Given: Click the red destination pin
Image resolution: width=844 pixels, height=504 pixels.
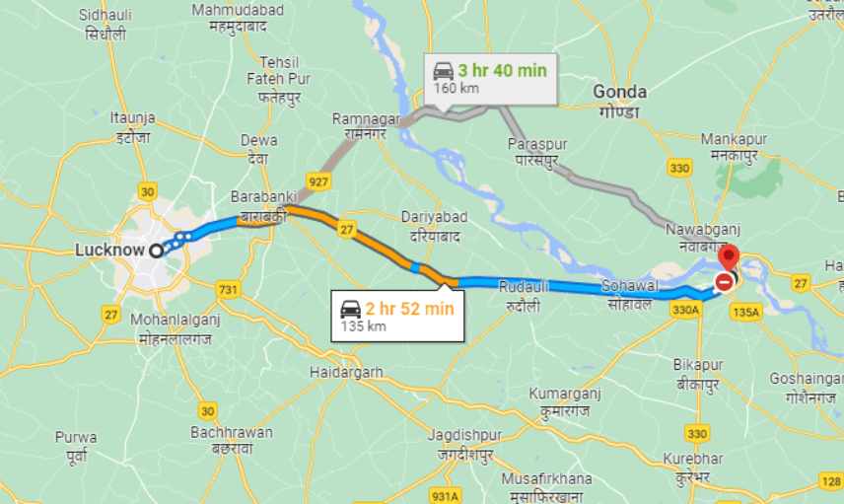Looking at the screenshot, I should pos(730,257).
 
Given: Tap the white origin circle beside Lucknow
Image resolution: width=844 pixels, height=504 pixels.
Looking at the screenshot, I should pos(156,251).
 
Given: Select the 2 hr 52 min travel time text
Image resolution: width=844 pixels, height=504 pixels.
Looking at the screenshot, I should pos(410,309).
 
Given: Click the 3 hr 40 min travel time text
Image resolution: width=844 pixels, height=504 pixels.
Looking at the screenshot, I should pos(503,70).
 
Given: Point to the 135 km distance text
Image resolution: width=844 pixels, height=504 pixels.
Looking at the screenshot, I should pos(363,326).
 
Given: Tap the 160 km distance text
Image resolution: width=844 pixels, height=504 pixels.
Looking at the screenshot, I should pos(454,88).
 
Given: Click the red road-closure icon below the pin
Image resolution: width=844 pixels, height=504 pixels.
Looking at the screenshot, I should pos(724,282).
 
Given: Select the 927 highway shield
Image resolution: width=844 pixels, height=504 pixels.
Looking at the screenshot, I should pos(318,181).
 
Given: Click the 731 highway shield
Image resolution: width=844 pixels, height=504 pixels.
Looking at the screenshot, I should pos(229,289).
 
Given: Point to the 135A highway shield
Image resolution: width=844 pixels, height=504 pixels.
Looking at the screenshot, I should pos(746,312).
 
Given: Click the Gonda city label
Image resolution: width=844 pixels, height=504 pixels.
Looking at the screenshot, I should pos(620,92).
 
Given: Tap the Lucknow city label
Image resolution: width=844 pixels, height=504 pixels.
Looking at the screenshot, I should pos(110,251).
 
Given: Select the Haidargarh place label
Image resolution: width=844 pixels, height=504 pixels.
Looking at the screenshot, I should pos(346,372).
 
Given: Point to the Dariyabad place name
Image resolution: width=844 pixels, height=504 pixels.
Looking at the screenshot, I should pos(434,216).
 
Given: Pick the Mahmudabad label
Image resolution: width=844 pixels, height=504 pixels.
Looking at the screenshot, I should pos(238,10).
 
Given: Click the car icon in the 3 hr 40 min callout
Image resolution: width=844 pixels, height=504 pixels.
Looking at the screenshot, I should pos(444,70).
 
